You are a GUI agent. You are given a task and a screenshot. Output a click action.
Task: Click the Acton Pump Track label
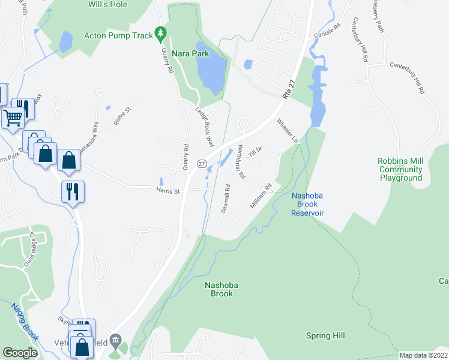point(119,35)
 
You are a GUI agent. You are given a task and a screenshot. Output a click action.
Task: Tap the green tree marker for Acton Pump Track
point(160,33)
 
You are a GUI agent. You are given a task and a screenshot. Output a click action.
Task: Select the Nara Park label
point(190,53)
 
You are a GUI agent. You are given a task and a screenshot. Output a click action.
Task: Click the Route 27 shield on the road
point(202,164)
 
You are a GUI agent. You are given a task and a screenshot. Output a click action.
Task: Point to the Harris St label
point(168,191)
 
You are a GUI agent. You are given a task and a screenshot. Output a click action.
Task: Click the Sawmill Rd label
point(226,199)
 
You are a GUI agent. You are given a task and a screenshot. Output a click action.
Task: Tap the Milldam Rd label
point(261,196)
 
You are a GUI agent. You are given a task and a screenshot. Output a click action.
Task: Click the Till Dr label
point(256,149)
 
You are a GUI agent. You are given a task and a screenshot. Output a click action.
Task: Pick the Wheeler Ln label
point(287,130)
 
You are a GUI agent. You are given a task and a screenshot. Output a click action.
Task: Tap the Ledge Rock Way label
point(205,127)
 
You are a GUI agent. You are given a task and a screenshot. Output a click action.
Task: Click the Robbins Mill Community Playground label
point(400,169)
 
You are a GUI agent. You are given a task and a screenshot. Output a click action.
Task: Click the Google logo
point(20,353)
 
